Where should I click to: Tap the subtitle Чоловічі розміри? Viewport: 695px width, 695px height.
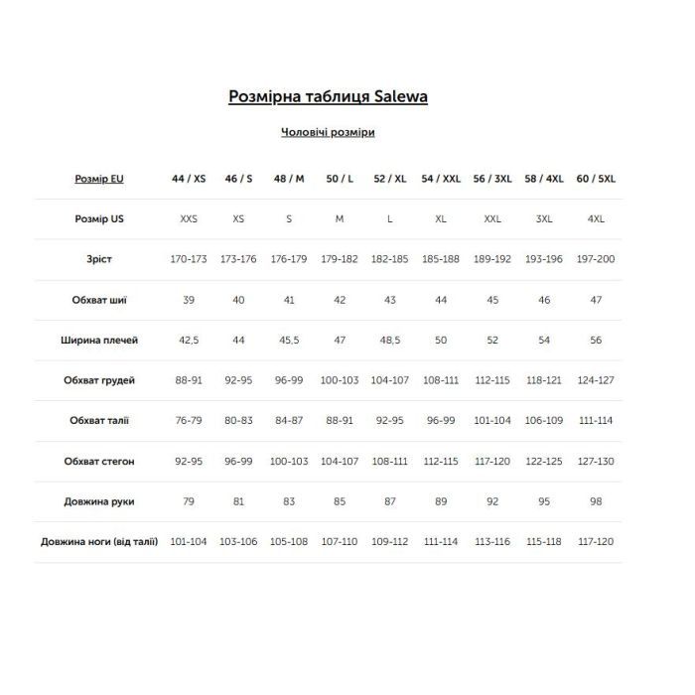[x=328, y=132]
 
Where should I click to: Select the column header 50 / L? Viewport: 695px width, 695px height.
[x=340, y=179]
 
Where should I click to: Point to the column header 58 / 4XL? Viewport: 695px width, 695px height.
[x=544, y=179]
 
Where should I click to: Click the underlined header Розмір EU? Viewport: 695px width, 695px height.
[x=99, y=179]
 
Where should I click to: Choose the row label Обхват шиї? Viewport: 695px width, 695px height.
[x=99, y=300]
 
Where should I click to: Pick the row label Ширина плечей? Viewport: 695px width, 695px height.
[x=99, y=341]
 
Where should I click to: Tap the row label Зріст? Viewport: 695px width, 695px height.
[x=99, y=259]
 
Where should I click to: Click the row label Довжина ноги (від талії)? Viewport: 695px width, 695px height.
[x=99, y=542]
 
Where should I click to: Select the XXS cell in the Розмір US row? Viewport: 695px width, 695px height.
[x=189, y=218]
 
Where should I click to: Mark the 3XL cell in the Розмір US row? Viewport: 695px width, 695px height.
[x=544, y=218]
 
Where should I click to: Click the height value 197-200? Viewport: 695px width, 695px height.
[x=596, y=259]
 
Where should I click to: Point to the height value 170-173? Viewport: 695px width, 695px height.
[x=189, y=259]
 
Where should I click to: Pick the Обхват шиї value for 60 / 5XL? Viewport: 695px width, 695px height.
[x=596, y=300]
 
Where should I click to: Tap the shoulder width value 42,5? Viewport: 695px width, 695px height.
[x=189, y=341]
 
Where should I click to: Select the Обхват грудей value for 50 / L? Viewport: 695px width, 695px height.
[x=340, y=380]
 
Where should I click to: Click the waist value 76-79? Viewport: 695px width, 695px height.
[x=189, y=421]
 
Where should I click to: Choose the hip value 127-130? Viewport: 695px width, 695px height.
[x=596, y=462]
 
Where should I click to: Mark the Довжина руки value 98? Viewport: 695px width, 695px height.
[x=596, y=501]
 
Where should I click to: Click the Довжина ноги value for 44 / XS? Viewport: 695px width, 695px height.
[x=189, y=542]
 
